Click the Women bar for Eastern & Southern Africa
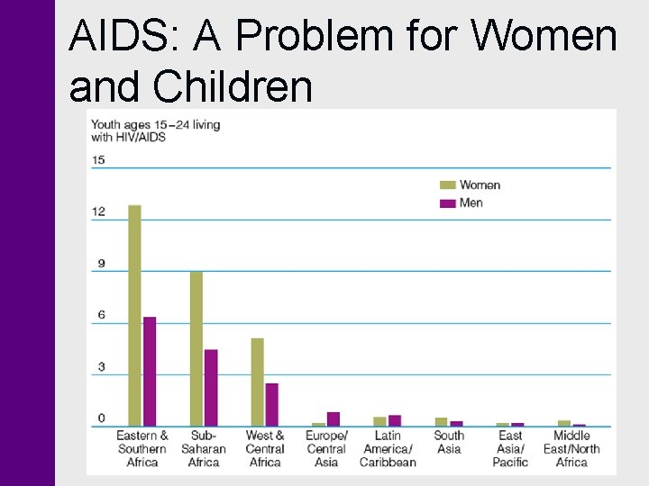point(134,315)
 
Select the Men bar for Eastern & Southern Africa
point(150,371)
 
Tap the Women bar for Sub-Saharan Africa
point(196,348)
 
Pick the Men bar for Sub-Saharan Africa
point(211,387)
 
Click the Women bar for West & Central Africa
point(257,382)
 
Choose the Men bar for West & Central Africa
point(271,404)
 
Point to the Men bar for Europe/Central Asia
point(334,418)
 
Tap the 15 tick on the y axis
point(98,160)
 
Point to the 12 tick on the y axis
point(98,211)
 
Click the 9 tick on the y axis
point(101,264)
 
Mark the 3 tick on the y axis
point(101,367)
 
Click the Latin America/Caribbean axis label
point(388,448)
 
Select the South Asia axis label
point(449,442)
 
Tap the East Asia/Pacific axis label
point(510,448)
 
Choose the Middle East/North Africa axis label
point(571,448)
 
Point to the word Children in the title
point(234,87)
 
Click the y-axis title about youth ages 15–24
point(155,130)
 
